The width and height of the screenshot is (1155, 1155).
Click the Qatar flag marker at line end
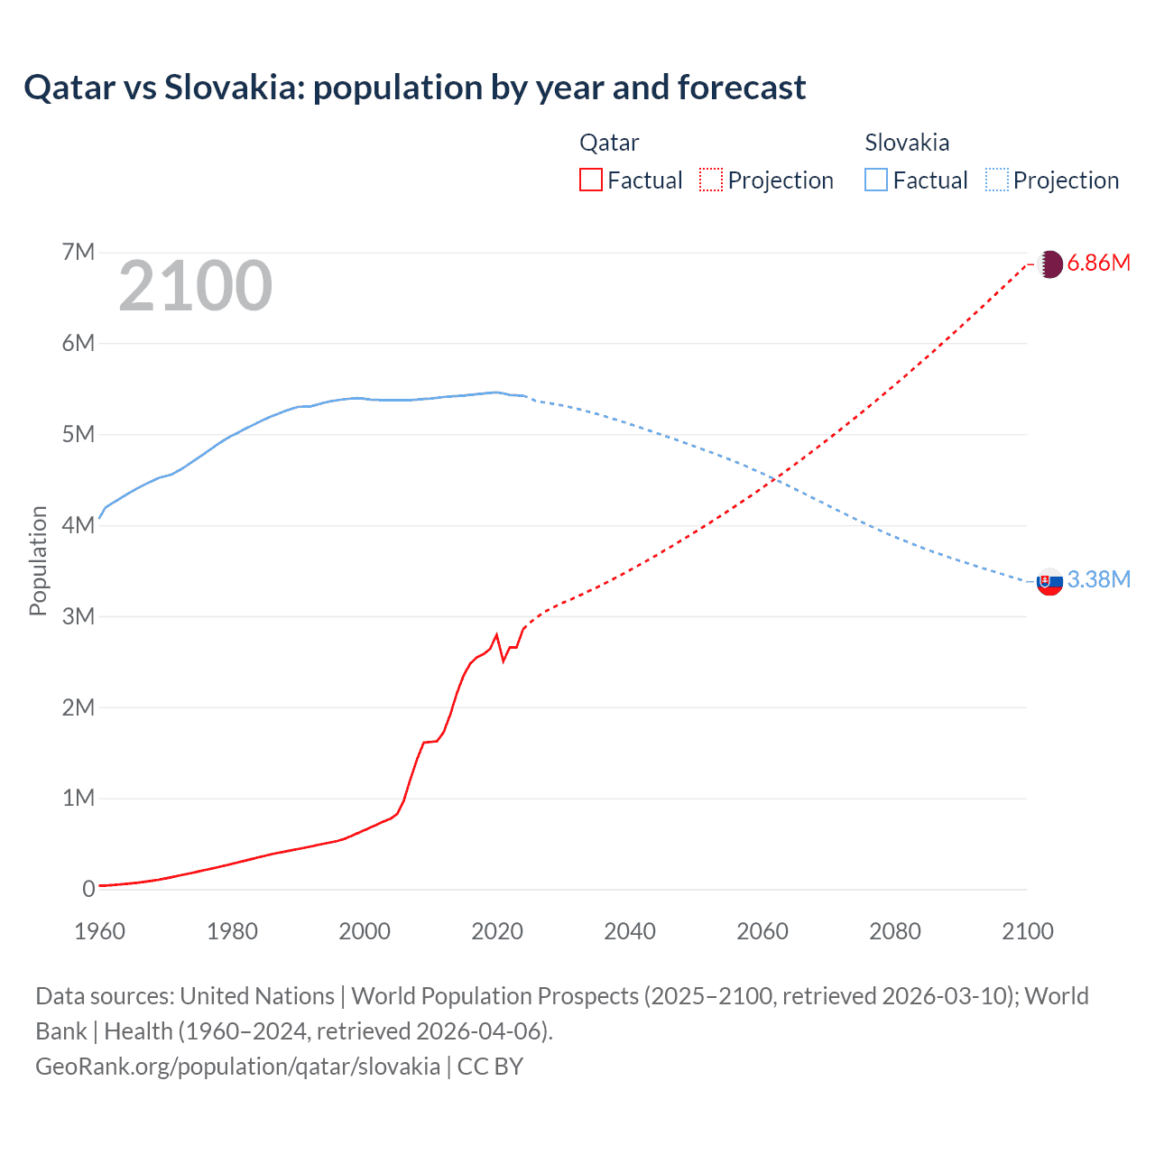click(1049, 264)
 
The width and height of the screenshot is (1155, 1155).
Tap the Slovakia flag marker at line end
click(1049, 582)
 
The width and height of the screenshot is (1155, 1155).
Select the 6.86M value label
click(1098, 263)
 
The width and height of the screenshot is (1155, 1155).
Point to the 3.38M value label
click(1098, 579)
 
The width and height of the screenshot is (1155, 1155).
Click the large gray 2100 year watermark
click(195, 286)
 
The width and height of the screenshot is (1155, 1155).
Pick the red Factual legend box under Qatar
click(590, 180)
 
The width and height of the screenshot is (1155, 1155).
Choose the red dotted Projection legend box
click(711, 180)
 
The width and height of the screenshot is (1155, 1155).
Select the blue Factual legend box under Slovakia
click(876, 180)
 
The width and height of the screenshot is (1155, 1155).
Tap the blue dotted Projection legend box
click(996, 180)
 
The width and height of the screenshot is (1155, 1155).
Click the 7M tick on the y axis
click(79, 252)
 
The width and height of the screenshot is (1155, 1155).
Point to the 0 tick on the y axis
click(88, 889)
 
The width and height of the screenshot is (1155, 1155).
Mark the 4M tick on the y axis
click(79, 525)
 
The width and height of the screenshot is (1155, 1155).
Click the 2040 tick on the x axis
click(630, 931)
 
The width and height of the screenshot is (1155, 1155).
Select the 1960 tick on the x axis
click(99, 931)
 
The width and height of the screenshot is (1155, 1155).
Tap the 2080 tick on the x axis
click(895, 931)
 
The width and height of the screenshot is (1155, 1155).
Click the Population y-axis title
click(38, 560)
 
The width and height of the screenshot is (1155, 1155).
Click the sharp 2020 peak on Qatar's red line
click(497, 635)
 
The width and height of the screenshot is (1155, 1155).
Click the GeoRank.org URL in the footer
click(237, 1067)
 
